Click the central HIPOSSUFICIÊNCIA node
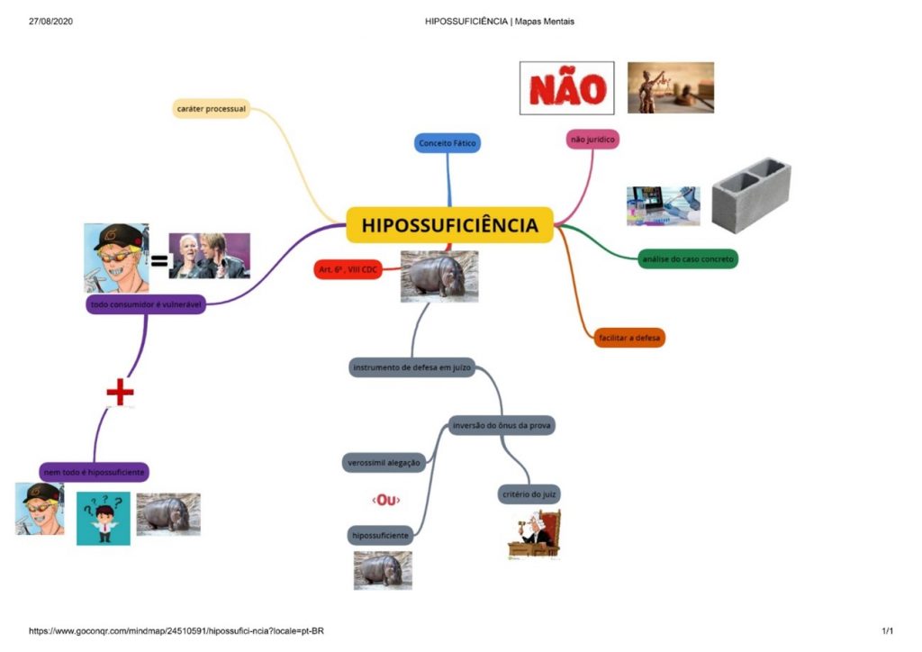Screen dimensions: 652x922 point(449,225)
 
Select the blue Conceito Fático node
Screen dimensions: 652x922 point(447,143)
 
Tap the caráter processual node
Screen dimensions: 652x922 point(212,109)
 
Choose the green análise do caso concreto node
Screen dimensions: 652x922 point(688,259)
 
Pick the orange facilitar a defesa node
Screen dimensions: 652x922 point(629,339)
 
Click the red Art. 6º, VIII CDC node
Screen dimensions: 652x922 point(348,270)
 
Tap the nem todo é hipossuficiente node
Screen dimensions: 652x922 point(94,471)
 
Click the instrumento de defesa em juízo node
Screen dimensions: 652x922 point(411,367)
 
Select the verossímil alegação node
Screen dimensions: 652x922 point(384,462)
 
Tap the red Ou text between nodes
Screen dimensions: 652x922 point(385,500)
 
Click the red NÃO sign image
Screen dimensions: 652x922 point(567,88)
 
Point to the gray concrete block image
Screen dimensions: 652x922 point(751,195)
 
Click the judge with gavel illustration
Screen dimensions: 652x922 point(534,535)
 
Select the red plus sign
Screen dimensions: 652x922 point(120,393)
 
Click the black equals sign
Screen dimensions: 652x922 point(158,261)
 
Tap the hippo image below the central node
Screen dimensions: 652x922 point(438,276)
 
